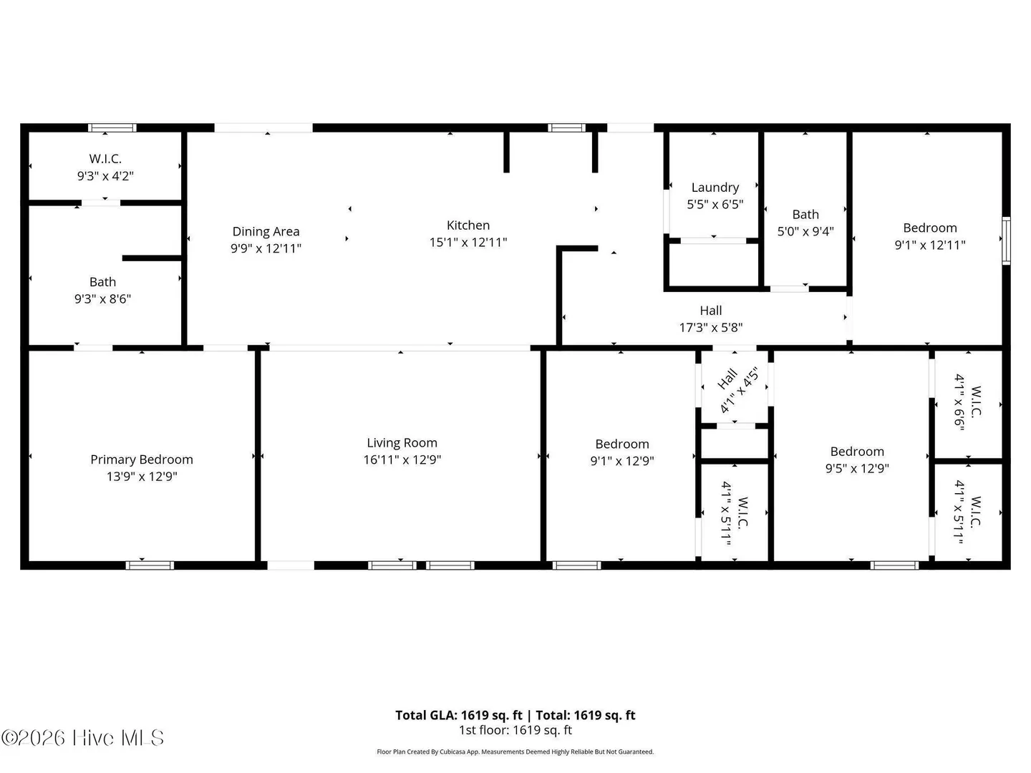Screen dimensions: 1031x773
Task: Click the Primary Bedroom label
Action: [142, 460]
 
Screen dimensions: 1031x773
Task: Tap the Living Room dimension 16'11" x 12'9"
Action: [402, 460]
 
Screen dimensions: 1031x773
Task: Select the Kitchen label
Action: [468, 225]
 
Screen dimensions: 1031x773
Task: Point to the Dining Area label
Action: [266, 231]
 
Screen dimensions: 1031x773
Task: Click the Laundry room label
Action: [715, 188]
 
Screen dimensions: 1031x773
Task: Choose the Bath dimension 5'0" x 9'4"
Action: [805, 231]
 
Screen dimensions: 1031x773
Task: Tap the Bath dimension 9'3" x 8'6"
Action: [103, 299]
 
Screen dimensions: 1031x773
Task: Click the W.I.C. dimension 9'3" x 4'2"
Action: [106, 176]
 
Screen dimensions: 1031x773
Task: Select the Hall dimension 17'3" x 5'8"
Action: [711, 328]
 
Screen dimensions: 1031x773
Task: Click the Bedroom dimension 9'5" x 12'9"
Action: [857, 468]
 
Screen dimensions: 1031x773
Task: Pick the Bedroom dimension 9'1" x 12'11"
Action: [930, 245]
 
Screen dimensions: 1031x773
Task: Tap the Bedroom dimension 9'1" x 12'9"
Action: [622, 461]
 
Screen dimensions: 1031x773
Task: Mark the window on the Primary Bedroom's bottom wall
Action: [150, 565]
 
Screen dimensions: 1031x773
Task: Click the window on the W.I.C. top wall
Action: [112, 127]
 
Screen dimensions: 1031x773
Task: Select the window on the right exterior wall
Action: [1006, 240]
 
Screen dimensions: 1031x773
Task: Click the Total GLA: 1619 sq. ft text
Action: [458, 715]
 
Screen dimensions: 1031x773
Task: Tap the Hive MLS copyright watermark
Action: [82, 738]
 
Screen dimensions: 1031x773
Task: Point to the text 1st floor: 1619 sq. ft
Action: [515, 730]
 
